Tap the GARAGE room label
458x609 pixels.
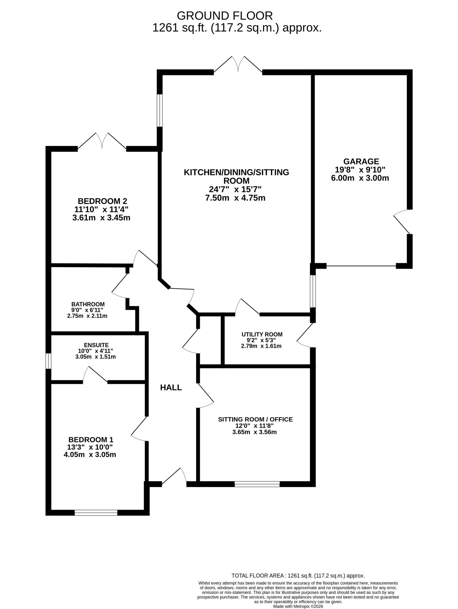click(361, 161)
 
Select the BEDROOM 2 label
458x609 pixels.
click(102, 201)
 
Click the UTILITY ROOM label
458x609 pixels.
click(262, 334)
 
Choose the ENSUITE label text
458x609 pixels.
click(96, 345)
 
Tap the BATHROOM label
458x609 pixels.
click(88, 304)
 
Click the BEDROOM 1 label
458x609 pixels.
click(91, 440)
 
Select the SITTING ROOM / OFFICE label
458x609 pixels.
click(255, 419)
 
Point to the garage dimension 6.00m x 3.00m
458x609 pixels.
click(360, 178)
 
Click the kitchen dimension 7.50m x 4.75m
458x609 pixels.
click(235, 198)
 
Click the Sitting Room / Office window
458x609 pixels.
click(257, 484)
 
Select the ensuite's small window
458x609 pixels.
click(48, 361)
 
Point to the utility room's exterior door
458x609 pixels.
click(306, 335)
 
